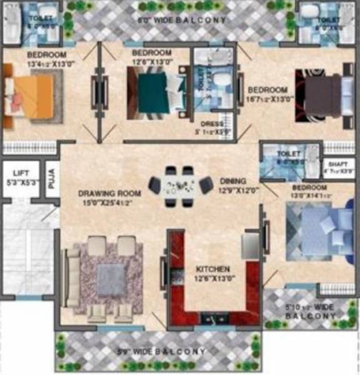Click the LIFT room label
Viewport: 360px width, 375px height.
tap(19, 174)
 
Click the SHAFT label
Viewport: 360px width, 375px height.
tap(337, 164)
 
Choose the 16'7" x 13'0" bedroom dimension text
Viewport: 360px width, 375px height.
tap(268, 100)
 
